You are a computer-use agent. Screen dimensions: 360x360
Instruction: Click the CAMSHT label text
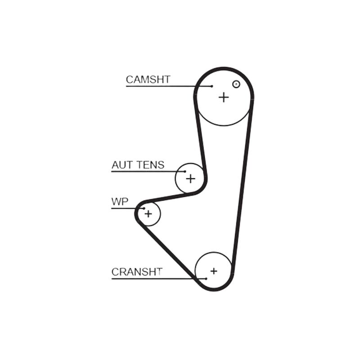148,80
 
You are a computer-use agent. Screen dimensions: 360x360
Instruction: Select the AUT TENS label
138,165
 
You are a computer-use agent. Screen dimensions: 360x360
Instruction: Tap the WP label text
120,202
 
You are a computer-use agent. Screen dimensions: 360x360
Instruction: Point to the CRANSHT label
137,272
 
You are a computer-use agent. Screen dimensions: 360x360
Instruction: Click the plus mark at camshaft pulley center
224,97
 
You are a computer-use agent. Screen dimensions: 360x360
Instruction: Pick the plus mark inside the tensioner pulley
190,179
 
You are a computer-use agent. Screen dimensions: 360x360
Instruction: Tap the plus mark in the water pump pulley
148,214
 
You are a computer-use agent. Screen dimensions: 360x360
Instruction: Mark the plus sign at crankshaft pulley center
214,271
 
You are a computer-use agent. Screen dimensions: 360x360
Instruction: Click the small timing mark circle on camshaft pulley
236,84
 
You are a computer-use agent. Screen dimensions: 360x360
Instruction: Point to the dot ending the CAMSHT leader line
211,86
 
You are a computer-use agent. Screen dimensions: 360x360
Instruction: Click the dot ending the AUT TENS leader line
185,171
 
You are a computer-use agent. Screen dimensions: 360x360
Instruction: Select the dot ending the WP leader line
144,208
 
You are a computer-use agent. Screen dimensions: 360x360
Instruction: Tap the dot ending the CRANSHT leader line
206,279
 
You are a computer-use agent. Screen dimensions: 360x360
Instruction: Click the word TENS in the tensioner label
151,165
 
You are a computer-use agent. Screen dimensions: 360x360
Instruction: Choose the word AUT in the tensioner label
122,165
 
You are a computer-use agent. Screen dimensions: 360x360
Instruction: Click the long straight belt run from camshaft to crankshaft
242,184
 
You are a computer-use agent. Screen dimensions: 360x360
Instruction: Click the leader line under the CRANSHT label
159,279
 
